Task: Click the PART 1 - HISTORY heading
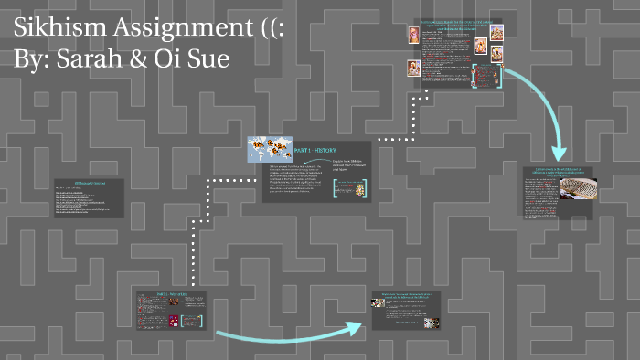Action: tap(320, 149)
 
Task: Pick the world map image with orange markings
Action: tap(268, 150)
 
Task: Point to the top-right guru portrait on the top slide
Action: tap(496, 33)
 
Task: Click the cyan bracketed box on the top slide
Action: tap(487, 76)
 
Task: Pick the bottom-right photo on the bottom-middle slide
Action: tap(436, 322)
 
